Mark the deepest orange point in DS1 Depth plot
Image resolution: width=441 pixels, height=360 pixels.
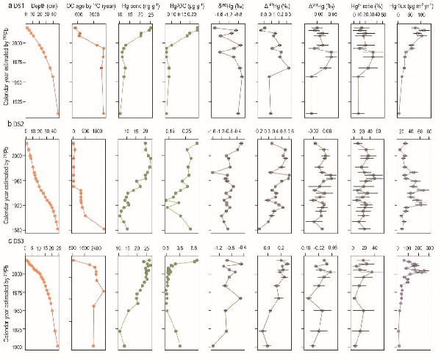pyautogui.click(x=58, y=113)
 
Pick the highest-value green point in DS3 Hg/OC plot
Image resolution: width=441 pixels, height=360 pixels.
pyautogui.click(x=196, y=262)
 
